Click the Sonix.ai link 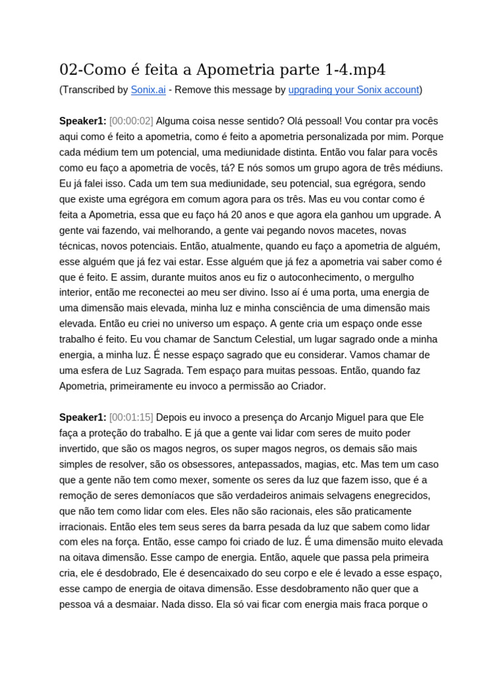[148, 90]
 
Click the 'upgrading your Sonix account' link [353, 90]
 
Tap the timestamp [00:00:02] [131, 121]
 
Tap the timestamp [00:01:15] [131, 417]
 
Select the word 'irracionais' [83, 527]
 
